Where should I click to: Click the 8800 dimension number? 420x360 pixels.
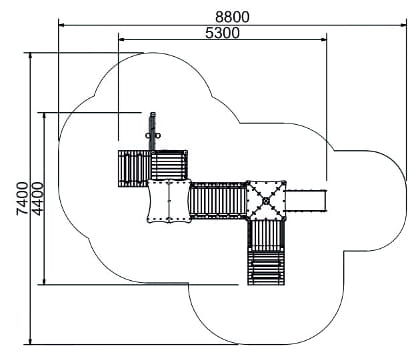point(232,17)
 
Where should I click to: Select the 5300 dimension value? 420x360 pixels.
point(222,33)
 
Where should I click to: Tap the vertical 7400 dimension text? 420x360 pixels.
point(23,198)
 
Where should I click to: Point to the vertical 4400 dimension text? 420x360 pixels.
point(38,198)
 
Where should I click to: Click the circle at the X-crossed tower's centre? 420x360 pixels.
point(266,201)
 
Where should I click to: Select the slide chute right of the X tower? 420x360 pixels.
point(306,201)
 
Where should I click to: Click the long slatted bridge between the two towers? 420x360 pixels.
point(218,200)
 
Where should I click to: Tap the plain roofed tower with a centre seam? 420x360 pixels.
point(169,201)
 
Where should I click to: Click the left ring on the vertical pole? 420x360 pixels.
point(148,136)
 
